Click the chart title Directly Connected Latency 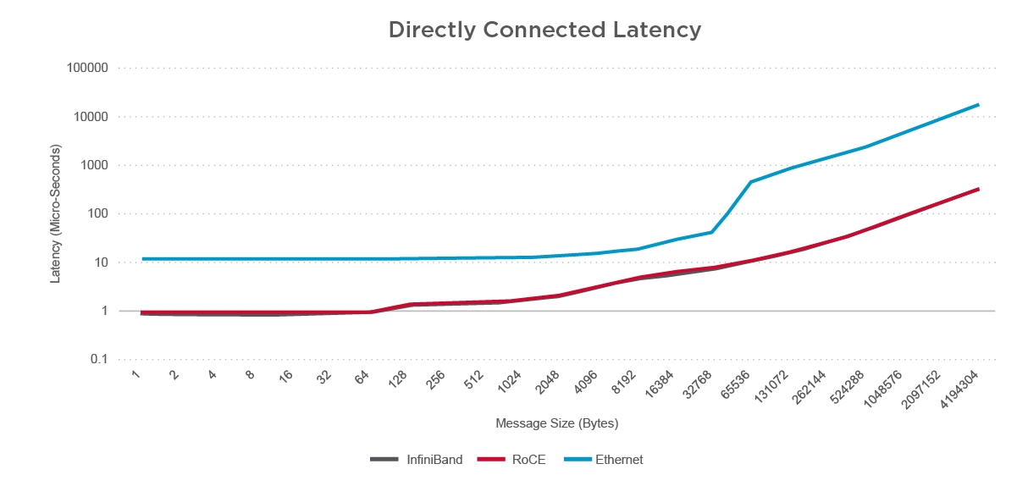coord(544,30)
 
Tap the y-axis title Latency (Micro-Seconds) coord(56,213)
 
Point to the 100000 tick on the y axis coord(93,69)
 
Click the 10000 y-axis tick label coord(97,117)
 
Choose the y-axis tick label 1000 coord(100,166)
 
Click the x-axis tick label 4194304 coord(962,387)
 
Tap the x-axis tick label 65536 coord(736,384)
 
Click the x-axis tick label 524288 coord(848,385)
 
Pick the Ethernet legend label coord(619,460)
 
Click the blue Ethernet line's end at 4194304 coord(979,105)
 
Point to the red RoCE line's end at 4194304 coord(979,189)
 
